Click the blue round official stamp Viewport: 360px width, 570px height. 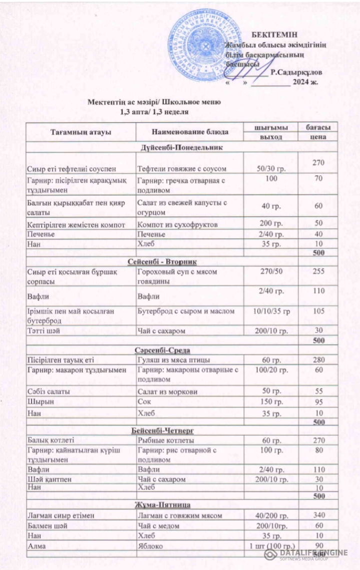coord(205,45)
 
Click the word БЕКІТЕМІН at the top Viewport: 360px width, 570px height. coord(274,35)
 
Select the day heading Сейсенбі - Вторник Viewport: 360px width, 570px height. coord(166,262)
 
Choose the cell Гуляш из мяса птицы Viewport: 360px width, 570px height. coord(173,360)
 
